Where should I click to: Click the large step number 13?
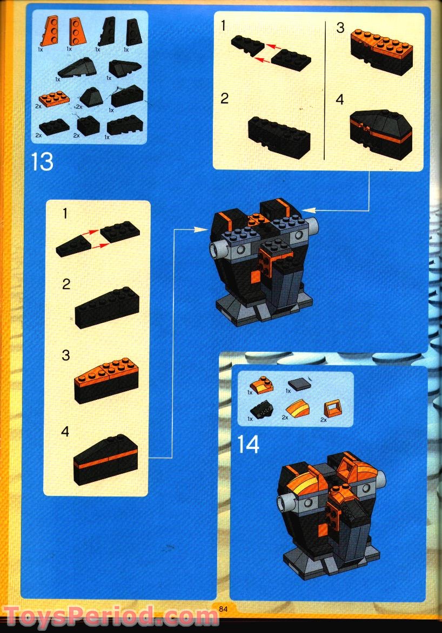click(x=42, y=161)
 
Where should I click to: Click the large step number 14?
click(x=248, y=444)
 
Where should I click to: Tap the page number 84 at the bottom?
click(x=222, y=609)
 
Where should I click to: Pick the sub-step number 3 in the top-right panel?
click(x=340, y=28)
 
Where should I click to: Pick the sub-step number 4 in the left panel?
click(x=65, y=432)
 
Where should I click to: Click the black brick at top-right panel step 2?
click(x=279, y=137)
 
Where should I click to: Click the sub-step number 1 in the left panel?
click(x=65, y=214)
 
